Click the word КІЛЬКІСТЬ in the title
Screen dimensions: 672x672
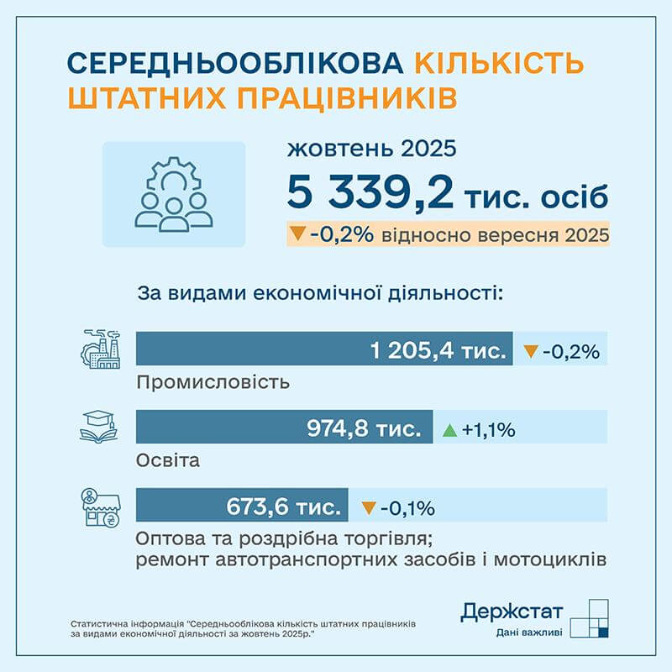click(499, 63)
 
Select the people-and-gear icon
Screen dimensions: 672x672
click(174, 194)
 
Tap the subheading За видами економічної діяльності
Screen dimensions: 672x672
click(319, 295)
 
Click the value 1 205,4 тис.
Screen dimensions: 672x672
click(437, 350)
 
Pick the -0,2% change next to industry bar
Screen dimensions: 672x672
click(571, 351)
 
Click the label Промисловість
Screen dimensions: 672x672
click(213, 382)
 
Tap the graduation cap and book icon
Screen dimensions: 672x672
click(101, 427)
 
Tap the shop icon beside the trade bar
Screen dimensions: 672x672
click(101, 508)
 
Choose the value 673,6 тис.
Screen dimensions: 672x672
click(284, 507)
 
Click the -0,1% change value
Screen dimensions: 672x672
click(407, 508)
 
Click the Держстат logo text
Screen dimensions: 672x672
click(512, 612)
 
